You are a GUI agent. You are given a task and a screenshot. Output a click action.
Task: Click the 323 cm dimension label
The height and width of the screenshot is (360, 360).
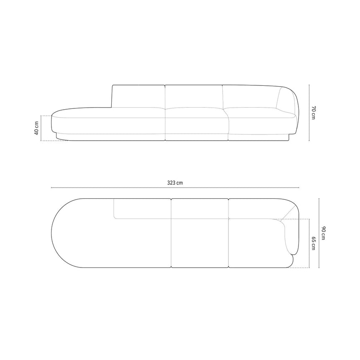tap(175, 183)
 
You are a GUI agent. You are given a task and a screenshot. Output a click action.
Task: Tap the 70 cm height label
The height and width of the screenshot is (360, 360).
tap(314, 113)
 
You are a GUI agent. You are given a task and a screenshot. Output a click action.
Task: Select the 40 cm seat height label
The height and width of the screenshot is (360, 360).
tap(36, 128)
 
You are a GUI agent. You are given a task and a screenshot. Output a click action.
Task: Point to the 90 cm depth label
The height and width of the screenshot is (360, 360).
tap(323, 233)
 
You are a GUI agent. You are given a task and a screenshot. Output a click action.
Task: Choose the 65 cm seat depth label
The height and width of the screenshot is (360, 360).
tap(314, 243)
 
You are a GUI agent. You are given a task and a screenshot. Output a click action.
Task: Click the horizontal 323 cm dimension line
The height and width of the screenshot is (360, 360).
tap(175, 188)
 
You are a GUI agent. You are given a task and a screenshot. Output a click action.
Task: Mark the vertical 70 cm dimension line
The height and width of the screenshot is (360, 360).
tap(309, 113)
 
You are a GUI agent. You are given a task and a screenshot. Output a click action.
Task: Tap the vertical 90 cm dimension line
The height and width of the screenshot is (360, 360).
tap(319, 233)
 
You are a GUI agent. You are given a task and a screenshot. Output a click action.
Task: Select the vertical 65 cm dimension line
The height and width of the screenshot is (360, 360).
tap(309, 243)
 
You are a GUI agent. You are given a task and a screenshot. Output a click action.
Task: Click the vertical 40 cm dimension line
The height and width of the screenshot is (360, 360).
tap(41, 128)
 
